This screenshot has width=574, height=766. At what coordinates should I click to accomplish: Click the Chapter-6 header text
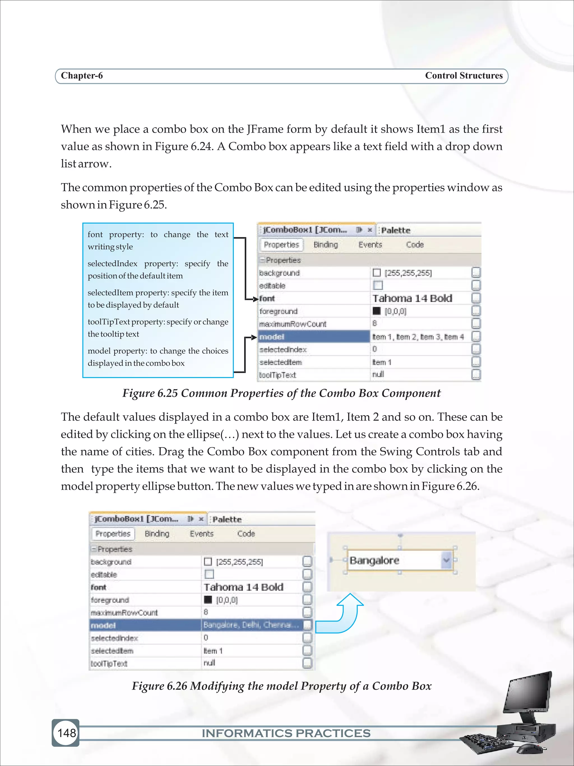(x=82, y=75)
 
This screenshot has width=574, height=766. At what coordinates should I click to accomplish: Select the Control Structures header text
(x=464, y=75)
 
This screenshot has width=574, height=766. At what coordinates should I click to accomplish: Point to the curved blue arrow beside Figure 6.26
(x=342, y=615)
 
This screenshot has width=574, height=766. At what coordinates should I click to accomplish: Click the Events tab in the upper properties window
(x=370, y=245)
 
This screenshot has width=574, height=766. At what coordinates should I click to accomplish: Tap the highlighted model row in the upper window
(x=313, y=337)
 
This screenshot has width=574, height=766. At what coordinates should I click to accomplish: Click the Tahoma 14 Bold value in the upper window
(x=412, y=298)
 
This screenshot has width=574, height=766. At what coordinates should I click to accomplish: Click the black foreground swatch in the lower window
(x=208, y=599)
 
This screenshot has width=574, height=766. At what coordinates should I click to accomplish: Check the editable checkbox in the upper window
(x=378, y=285)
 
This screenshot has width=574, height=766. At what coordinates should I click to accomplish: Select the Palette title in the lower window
(x=227, y=519)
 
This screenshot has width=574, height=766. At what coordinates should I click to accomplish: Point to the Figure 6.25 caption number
(x=167, y=393)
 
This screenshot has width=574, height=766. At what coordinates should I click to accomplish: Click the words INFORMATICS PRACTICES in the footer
(x=286, y=733)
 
